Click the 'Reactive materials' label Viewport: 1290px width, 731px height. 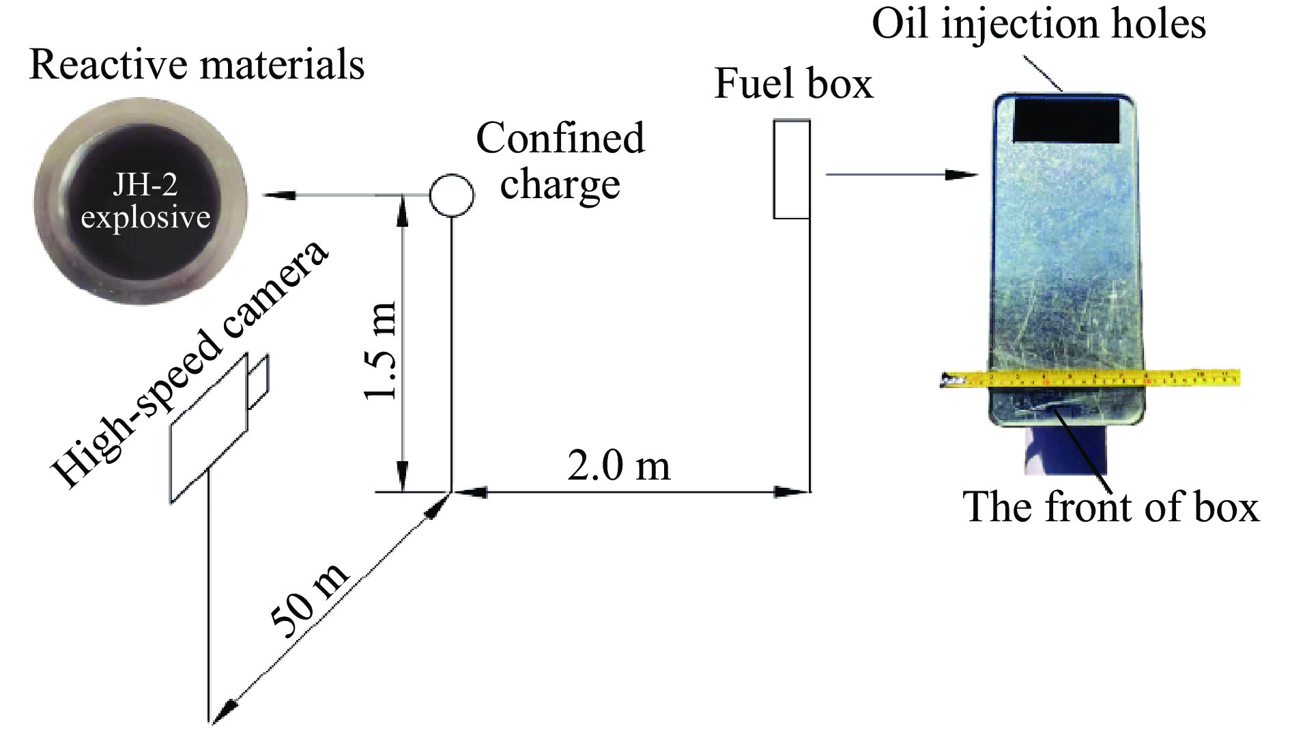coord(197,66)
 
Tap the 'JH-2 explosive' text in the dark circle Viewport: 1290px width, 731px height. coord(145,202)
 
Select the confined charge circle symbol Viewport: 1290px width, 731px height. coord(451,195)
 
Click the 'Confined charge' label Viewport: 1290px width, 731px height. coord(560,161)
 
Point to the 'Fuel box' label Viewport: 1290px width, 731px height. coord(793,85)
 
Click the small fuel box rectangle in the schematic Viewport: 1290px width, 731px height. coord(792,169)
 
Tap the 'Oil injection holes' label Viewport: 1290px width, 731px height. coord(1039,25)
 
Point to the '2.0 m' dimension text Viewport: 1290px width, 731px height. coord(619,467)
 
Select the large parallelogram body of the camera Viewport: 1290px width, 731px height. coord(209,430)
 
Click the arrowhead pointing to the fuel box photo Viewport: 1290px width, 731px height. coord(966,175)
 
